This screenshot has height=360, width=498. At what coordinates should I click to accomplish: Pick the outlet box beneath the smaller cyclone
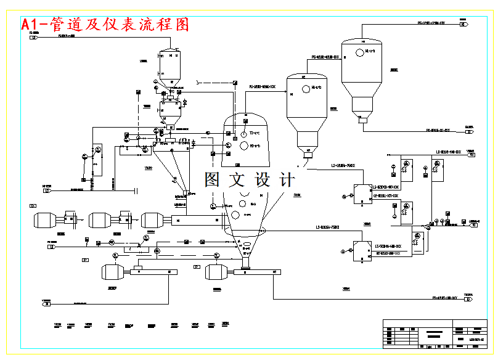(306, 150)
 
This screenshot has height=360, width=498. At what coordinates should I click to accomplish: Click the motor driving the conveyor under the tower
(221, 272)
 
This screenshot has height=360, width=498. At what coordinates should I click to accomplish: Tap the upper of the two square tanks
(361, 193)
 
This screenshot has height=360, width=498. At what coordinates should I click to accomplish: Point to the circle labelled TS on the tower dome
(244, 134)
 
